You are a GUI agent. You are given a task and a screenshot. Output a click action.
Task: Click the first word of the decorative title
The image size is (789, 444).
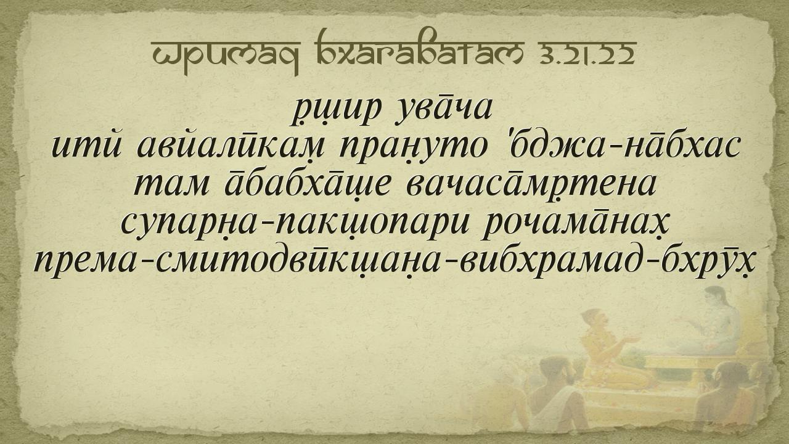(x=226, y=56)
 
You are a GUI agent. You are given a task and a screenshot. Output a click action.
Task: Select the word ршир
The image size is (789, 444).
(x=337, y=110)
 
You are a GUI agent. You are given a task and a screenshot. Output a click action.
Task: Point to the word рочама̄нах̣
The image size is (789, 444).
(x=575, y=223)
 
